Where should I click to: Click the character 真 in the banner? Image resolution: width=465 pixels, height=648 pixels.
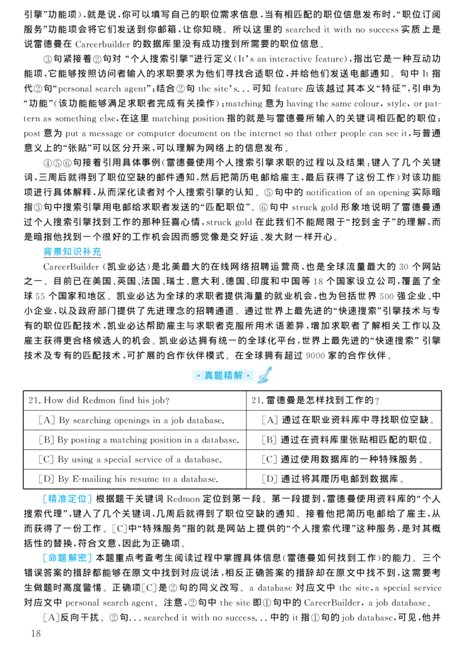click(x=209, y=376)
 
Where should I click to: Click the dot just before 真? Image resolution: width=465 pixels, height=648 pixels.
click(x=199, y=376)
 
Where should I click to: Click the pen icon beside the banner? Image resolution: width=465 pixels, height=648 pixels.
click(x=264, y=374)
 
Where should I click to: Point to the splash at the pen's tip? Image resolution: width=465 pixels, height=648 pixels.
click(x=261, y=381)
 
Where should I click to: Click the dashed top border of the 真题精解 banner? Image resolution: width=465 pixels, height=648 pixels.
click(x=223, y=368)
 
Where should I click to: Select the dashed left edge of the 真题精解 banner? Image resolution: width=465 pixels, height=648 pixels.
click(x=192, y=376)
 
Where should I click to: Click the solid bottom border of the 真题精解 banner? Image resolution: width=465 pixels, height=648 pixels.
click(x=223, y=384)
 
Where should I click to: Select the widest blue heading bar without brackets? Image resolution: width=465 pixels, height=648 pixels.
click(x=72, y=252)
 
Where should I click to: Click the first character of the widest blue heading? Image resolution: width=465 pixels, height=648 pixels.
click(x=46, y=252)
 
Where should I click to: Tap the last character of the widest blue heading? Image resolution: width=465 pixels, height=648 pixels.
click(x=98, y=252)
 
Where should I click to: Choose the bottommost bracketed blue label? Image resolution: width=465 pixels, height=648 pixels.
click(x=67, y=560)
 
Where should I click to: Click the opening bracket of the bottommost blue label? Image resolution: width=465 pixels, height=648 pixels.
click(x=45, y=560)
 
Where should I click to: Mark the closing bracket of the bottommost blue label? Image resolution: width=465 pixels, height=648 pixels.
click(x=90, y=560)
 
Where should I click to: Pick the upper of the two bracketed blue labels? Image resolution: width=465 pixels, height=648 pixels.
click(x=67, y=499)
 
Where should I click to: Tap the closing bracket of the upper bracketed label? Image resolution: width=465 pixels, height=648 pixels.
click(x=90, y=499)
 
